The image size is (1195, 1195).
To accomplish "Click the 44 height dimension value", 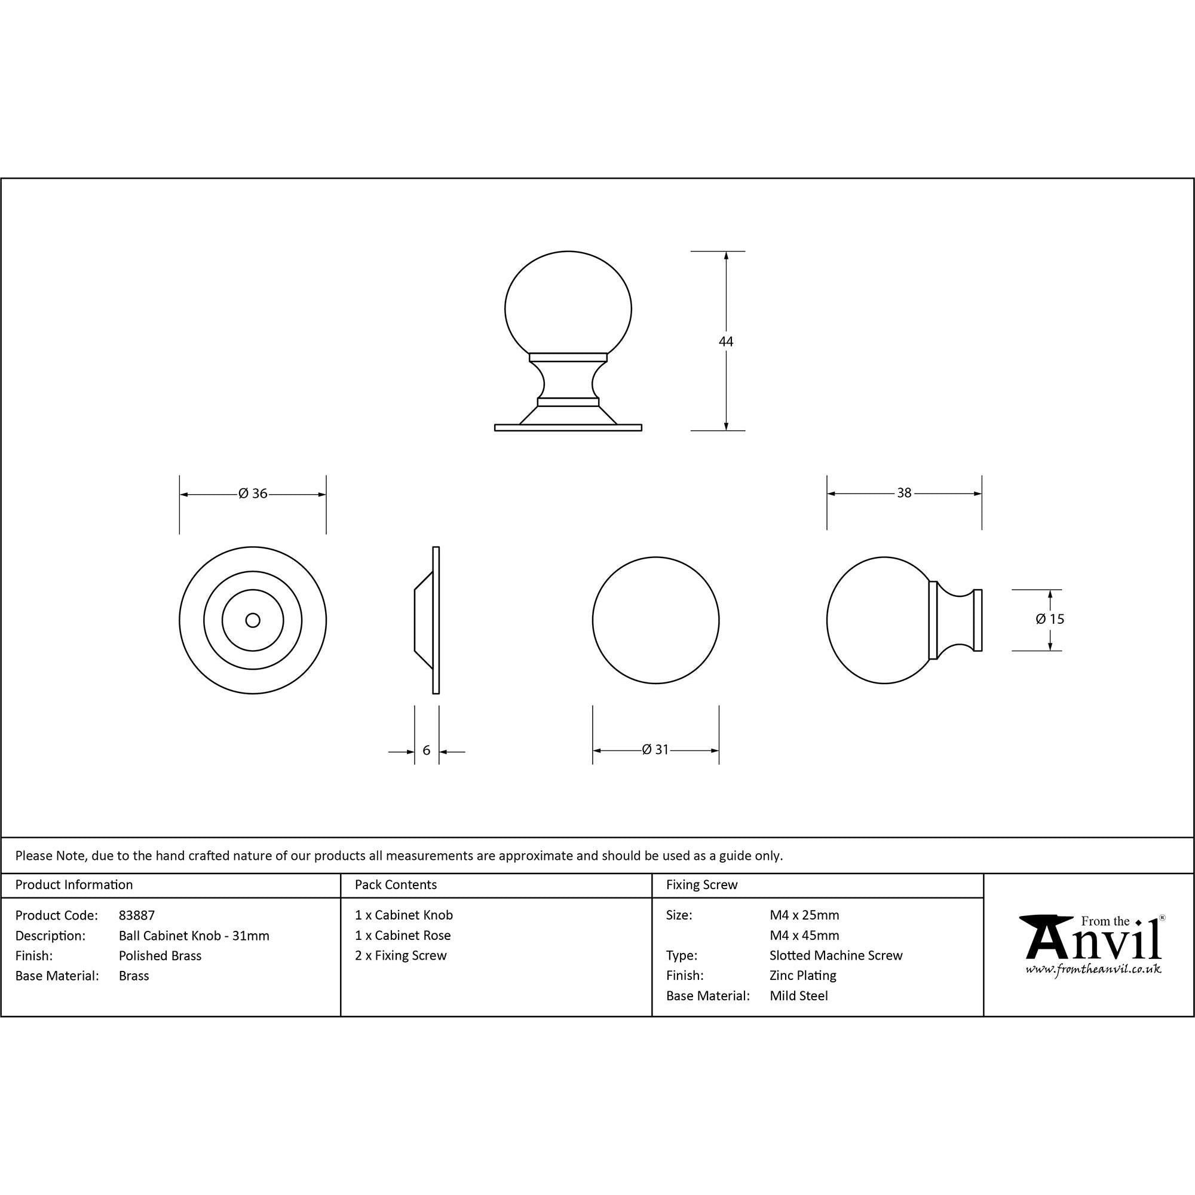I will click(725, 341).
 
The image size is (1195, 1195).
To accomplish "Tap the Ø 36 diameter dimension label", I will click(253, 494).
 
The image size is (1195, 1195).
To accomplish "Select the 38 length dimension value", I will click(904, 493).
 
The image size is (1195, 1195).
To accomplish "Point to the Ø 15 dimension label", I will click(1050, 618).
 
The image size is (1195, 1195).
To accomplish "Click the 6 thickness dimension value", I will click(426, 750).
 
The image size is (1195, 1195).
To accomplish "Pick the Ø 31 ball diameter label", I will click(655, 750).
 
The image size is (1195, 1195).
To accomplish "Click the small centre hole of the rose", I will click(252, 620).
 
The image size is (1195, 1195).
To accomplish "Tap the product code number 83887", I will click(137, 915).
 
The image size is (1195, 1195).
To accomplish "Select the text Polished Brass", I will click(160, 955).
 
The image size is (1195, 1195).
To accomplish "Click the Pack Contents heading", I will click(396, 884).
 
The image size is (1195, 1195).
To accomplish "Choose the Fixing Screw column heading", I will click(701, 884).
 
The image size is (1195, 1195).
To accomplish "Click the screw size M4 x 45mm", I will click(804, 935).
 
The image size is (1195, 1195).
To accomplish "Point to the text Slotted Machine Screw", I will click(836, 955).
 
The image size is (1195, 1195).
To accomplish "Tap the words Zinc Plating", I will click(803, 976).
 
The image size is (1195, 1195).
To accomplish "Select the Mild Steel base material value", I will click(798, 996).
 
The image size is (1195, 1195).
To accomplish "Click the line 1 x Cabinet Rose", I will click(403, 935).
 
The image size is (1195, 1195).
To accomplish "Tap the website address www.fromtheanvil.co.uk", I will click(1093, 969).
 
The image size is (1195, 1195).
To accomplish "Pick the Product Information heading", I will click(74, 884).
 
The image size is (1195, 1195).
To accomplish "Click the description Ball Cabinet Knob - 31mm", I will click(194, 935).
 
